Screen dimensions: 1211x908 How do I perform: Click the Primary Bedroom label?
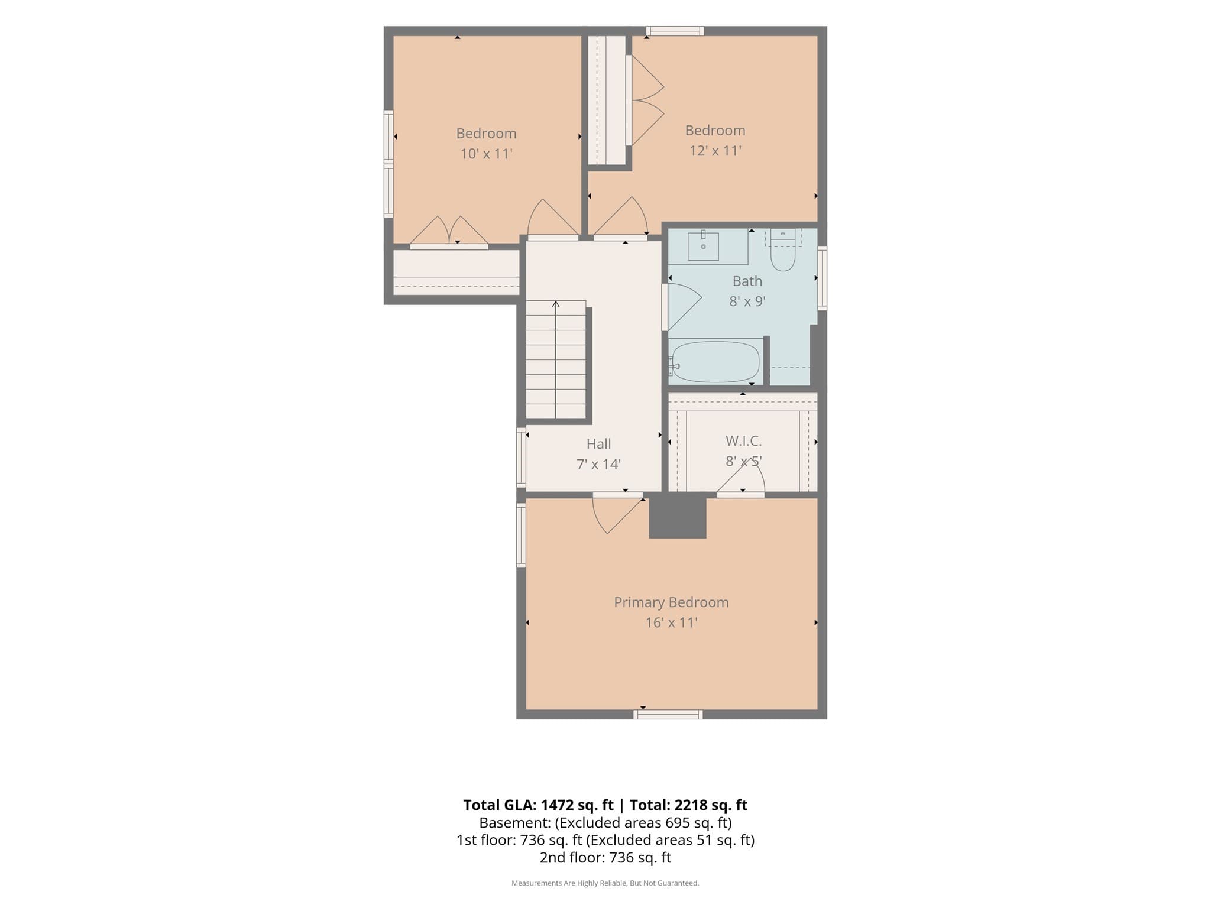pos(671,602)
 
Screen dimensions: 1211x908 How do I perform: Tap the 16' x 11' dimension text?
pos(671,622)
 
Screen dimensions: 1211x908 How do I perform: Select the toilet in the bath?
pos(783,251)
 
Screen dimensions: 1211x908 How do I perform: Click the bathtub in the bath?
pos(715,362)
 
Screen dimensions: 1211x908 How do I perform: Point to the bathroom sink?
pos(703,246)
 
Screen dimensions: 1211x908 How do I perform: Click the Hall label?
pos(598,444)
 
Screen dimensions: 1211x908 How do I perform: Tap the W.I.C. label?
pos(743,441)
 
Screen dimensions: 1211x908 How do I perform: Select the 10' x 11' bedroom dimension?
pos(486,154)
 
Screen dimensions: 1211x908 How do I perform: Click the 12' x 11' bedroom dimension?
pos(715,151)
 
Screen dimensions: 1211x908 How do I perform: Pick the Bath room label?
pos(747,281)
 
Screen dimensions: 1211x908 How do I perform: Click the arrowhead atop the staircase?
pos(556,304)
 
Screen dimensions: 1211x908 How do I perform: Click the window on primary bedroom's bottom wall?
pos(668,714)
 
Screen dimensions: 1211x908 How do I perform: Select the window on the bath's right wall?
pos(822,278)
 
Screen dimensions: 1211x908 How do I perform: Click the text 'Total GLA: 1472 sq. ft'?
pos(538,805)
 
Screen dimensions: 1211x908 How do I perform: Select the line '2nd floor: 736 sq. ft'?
pos(605,857)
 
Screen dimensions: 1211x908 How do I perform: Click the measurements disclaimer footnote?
pos(605,883)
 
